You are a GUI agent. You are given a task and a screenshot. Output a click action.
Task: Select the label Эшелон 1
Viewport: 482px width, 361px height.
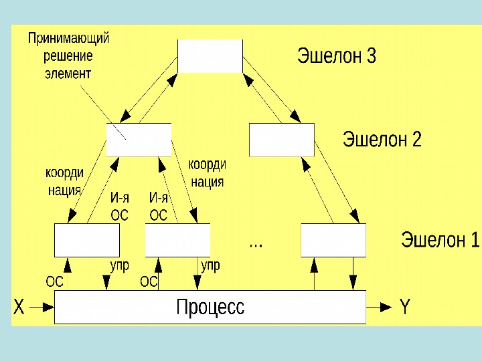coord(440,239)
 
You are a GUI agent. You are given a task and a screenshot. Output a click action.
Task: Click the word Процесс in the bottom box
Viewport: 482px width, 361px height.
coord(210,308)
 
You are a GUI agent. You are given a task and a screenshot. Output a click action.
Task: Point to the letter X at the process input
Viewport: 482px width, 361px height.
coord(19,308)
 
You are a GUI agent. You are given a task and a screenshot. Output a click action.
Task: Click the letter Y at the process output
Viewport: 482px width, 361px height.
coord(404,308)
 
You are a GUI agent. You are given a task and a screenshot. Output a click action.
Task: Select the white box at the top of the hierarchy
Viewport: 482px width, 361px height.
coord(210,55)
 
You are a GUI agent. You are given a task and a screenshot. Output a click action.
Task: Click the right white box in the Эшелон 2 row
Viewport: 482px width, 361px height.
coord(281,140)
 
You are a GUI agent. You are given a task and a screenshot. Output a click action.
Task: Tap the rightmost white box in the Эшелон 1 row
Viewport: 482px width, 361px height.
coord(333,240)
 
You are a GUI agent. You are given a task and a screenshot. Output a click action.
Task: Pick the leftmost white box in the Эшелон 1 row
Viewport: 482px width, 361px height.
coord(86,240)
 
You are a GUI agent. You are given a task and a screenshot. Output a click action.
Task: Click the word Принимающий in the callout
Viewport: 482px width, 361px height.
coord(68,39)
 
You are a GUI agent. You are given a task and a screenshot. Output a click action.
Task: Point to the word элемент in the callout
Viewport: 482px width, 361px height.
coord(67,73)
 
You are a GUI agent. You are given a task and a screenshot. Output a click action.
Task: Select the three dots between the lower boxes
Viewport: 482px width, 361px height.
coord(256,245)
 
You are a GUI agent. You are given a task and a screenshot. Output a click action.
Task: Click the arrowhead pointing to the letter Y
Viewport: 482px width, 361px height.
coord(386,307)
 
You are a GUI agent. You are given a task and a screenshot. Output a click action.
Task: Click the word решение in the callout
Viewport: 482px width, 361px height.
coord(68,56)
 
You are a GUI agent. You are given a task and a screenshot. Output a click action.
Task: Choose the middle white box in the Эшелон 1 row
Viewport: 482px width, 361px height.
coord(177,240)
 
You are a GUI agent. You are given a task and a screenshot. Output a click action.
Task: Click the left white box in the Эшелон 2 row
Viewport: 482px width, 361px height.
coord(139,140)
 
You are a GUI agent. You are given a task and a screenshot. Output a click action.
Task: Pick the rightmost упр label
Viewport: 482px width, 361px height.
coord(210,266)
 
